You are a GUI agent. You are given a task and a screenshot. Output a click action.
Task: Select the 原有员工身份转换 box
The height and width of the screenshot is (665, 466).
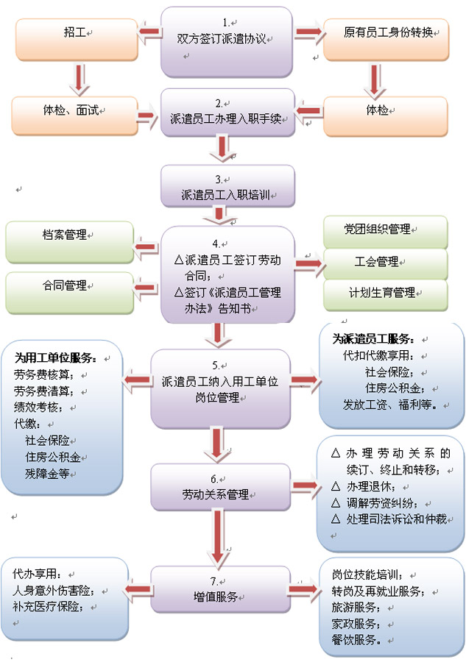[386, 33]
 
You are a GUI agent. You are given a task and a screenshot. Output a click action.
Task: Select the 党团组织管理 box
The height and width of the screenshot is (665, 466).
[384, 230]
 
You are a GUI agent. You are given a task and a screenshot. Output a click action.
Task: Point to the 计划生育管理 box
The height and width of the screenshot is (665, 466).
[384, 293]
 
